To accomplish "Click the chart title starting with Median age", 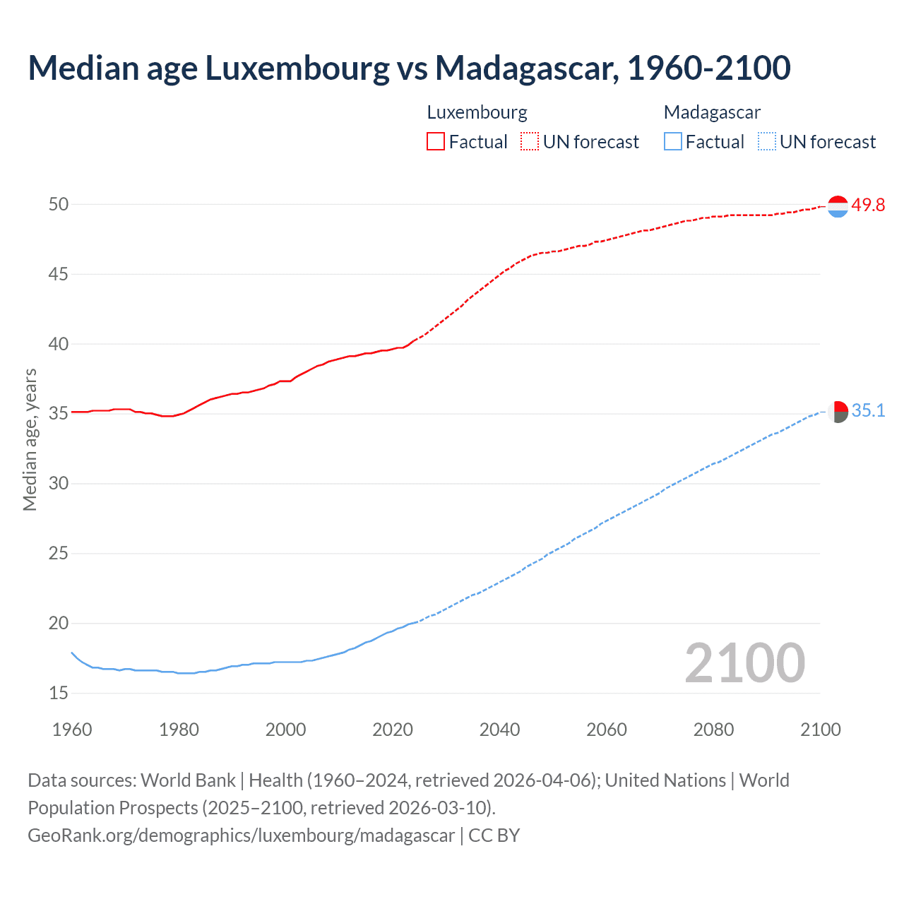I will [x=409, y=68].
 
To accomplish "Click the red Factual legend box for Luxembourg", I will [x=436, y=141].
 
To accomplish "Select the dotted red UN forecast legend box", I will [x=530, y=141].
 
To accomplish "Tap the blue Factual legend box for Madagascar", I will [x=672, y=141].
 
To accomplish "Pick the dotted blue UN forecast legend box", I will [x=766, y=141].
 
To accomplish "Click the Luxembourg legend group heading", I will [x=477, y=112].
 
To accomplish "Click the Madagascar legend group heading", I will [x=712, y=112].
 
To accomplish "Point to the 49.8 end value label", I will [x=868, y=205].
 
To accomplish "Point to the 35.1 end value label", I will [x=868, y=410].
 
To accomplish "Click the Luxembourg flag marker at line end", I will [x=838, y=206].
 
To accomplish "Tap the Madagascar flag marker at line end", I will [x=838, y=412].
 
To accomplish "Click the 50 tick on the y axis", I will [x=59, y=204].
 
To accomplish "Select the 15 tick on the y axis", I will [x=59, y=693].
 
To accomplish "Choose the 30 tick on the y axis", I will [x=59, y=484].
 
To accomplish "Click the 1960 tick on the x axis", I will [x=72, y=730].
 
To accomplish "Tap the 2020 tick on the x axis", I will [x=393, y=730].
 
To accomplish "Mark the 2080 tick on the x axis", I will [x=713, y=730].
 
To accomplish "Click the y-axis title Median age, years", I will [x=30, y=439].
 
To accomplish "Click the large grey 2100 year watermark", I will [x=744, y=662].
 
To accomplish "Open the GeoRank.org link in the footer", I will [x=241, y=835].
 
